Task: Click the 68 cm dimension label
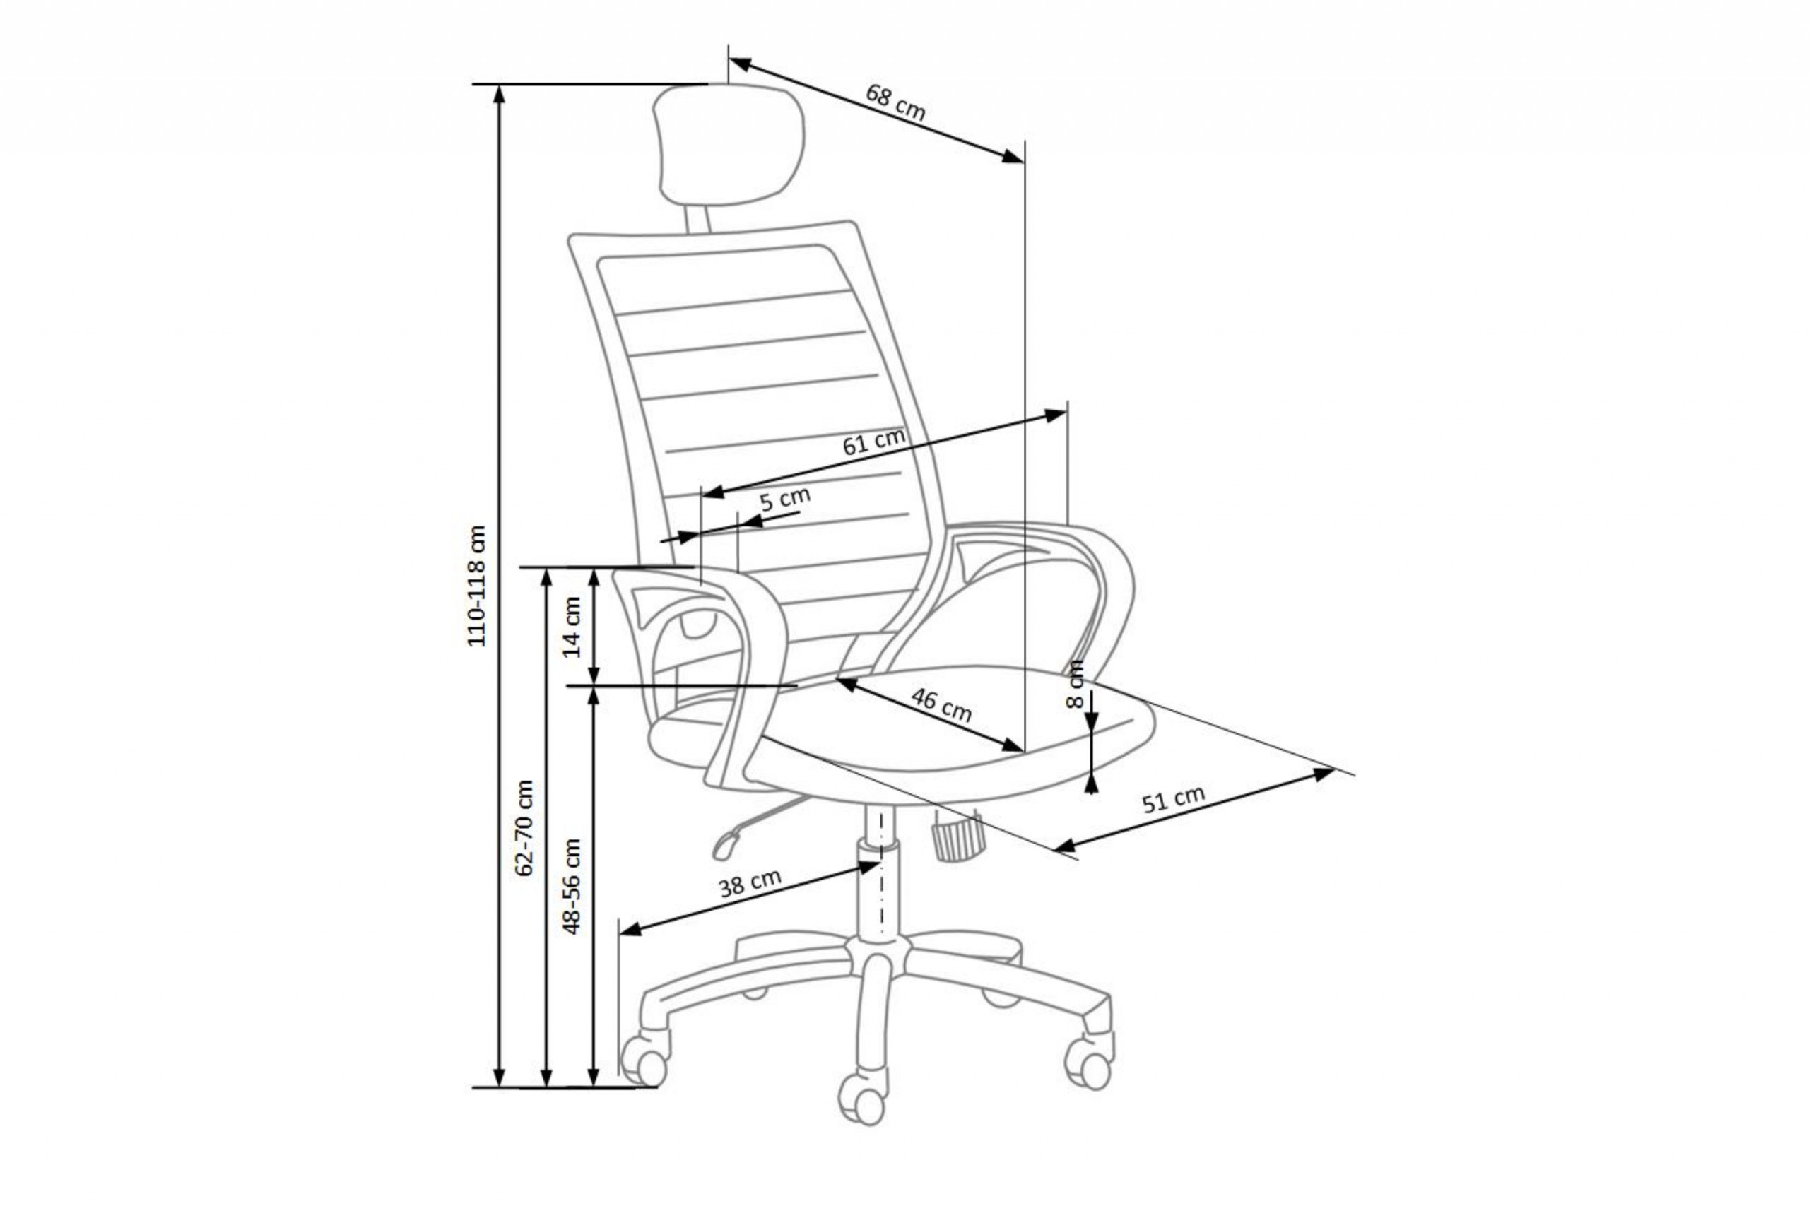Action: (895, 102)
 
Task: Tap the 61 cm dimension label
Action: (873, 442)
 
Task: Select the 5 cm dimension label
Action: (784, 500)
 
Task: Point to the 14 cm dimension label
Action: (572, 627)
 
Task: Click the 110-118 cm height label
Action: (477, 586)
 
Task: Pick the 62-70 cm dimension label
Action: (524, 827)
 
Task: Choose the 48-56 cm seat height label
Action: (572, 886)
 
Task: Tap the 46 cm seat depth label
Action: (941, 704)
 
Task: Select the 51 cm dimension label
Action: (1173, 800)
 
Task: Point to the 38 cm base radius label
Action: (750, 883)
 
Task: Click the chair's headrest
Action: (728, 146)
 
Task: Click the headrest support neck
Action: (697, 219)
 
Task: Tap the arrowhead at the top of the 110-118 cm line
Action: (499, 94)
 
